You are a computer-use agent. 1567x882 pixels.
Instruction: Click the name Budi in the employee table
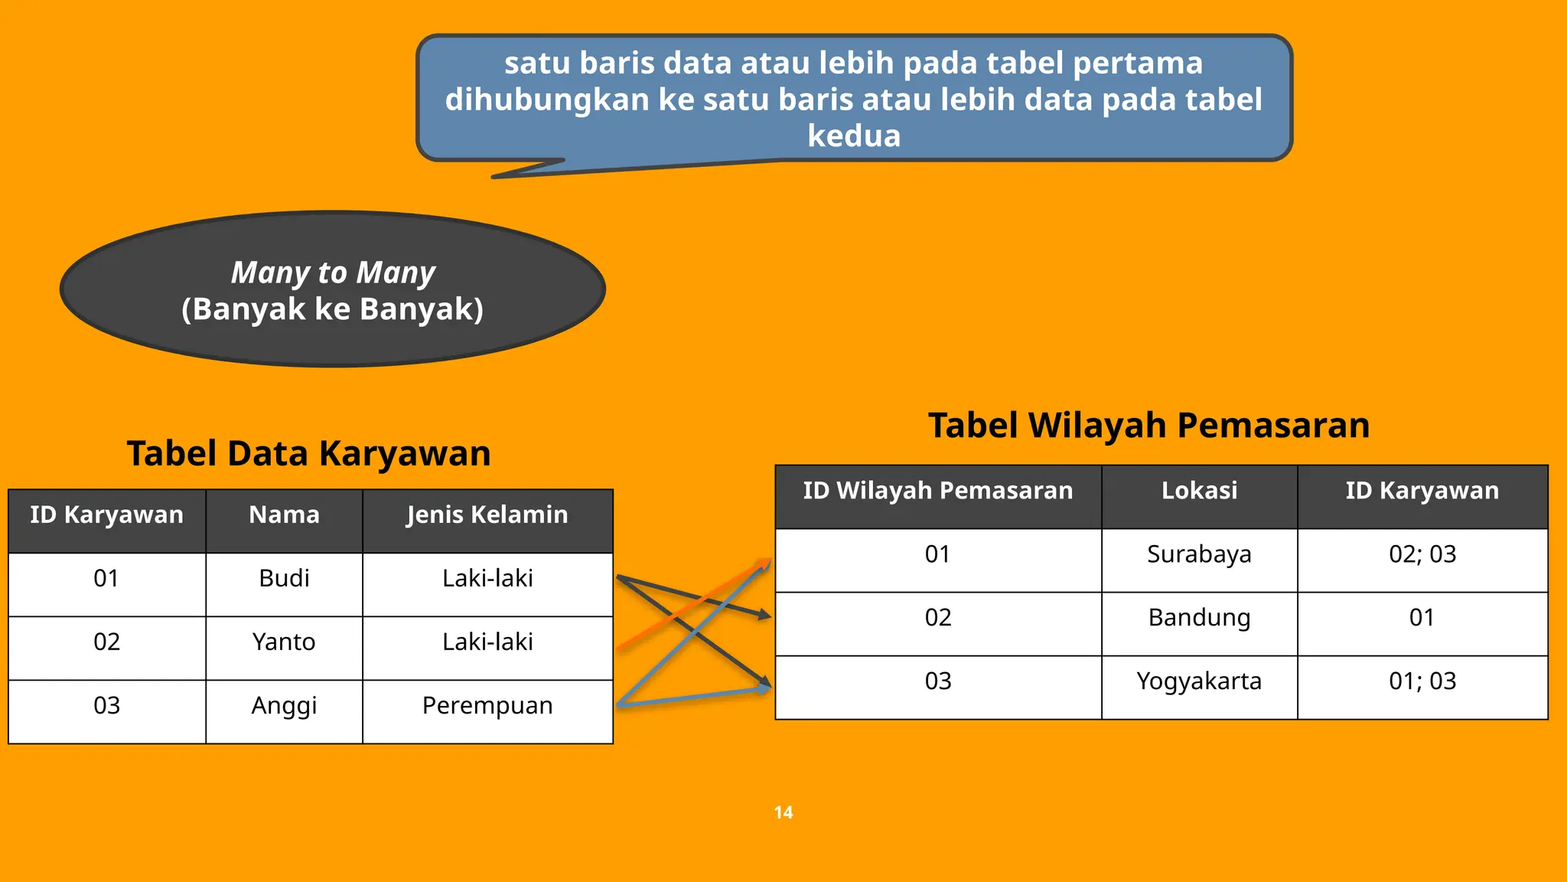[x=284, y=578]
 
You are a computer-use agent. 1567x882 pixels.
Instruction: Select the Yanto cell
[x=284, y=642]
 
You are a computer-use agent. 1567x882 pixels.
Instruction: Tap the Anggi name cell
[x=284, y=705]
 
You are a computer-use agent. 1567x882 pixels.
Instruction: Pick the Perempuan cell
[x=487, y=705]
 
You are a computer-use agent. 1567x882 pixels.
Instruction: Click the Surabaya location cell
[x=1199, y=554]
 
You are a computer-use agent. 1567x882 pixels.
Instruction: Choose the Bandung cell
[x=1199, y=617]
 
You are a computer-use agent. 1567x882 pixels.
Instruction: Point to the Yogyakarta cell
[x=1199, y=681]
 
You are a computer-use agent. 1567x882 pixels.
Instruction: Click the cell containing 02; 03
[x=1422, y=554]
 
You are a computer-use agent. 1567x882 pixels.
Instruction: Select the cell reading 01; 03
[x=1422, y=681]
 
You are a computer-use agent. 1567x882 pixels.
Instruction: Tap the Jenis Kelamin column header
[x=487, y=514]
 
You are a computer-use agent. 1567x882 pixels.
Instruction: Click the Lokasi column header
[x=1199, y=490]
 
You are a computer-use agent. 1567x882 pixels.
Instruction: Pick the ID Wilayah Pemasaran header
[x=938, y=490]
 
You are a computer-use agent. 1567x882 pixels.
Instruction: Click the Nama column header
[x=284, y=514]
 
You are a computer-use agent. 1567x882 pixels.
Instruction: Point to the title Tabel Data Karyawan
[x=308, y=453]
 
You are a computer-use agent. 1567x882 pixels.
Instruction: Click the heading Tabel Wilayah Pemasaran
[x=1148, y=426]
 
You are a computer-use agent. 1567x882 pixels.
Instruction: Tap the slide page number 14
[x=783, y=812]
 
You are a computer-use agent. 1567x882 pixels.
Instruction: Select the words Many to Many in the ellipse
[x=333, y=273]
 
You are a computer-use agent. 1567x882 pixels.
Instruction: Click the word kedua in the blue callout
[x=854, y=136]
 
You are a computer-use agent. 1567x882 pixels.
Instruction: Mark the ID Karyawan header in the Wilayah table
[x=1422, y=490]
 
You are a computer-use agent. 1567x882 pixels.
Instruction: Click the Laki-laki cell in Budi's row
[x=487, y=578]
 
